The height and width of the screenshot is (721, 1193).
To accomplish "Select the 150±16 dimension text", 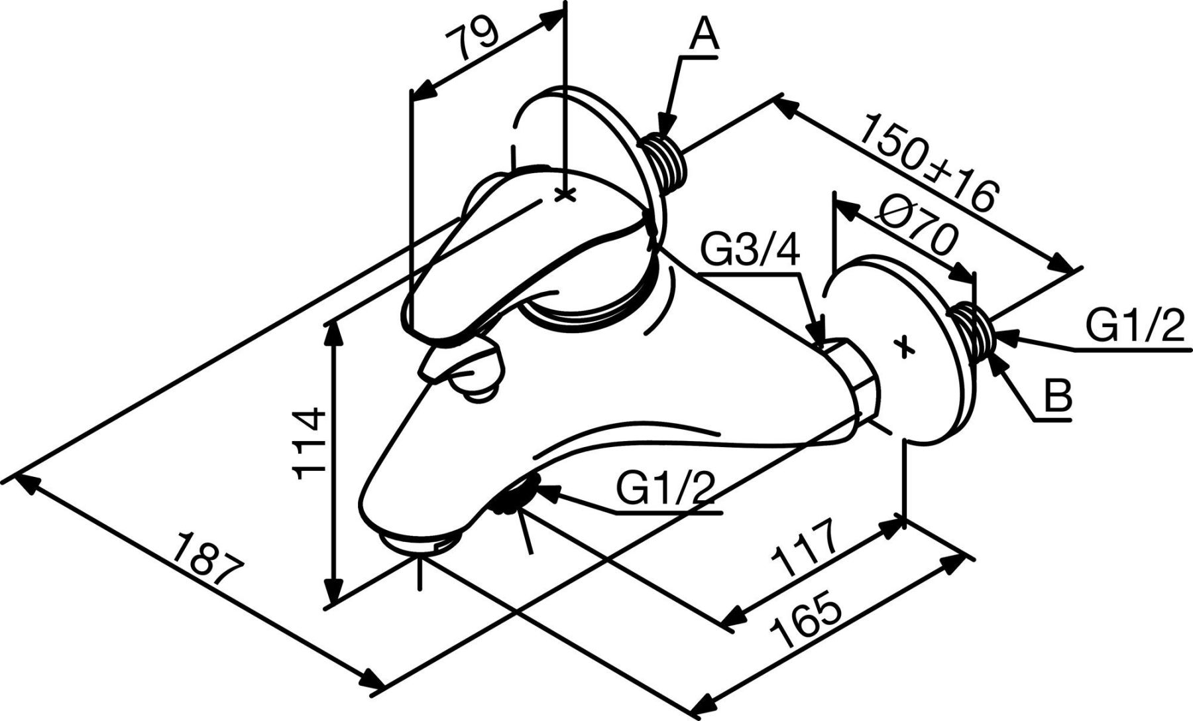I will tap(928, 163).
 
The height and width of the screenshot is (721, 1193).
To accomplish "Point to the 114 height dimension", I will tap(312, 442).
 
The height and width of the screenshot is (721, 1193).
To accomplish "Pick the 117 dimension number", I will tap(805, 547).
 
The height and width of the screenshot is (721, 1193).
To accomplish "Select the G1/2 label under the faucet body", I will tap(665, 491).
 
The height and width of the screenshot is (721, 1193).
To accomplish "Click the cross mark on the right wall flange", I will tap(904, 346).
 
